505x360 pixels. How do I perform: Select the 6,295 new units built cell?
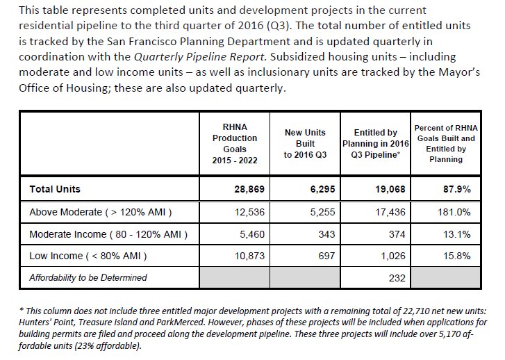click(306, 188)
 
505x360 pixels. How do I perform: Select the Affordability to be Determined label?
click(88, 278)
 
